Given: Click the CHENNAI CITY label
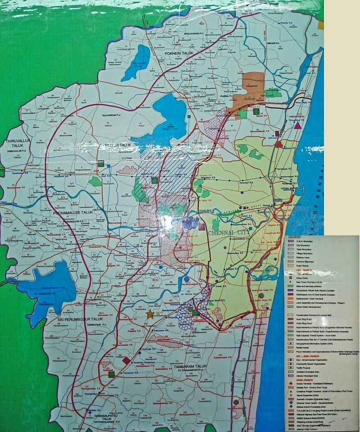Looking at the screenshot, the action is click(x=229, y=233).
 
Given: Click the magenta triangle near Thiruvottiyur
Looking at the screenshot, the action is click(x=297, y=125).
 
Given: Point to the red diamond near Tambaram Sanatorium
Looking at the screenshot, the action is click(x=126, y=360).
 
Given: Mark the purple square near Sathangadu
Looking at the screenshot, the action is click(x=278, y=133).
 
